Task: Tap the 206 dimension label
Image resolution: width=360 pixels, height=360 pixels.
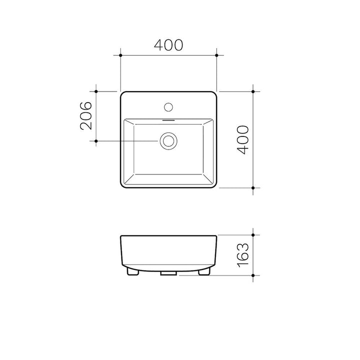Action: pos(86,116)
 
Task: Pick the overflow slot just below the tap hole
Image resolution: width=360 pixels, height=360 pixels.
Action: pos(168,120)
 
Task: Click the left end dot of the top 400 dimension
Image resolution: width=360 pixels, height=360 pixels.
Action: pos(121,54)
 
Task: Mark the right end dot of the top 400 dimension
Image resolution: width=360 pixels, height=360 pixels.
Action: pos(216,54)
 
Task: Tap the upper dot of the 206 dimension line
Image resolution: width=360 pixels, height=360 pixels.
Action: pos(96,91)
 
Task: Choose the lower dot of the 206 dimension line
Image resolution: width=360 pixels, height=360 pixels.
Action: pos(96,141)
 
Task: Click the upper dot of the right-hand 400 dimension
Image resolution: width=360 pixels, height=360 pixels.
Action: pos(253,91)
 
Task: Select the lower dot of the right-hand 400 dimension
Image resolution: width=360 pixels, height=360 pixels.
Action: pos(253,187)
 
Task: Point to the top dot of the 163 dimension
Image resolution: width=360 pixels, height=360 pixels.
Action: pos(253,234)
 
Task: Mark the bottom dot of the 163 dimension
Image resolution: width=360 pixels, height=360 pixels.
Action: pos(253,275)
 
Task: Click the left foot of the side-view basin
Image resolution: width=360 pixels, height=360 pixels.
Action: pos(133,272)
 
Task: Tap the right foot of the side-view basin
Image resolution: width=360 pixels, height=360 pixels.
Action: pos(203,272)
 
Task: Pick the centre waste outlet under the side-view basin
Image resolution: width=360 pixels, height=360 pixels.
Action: pos(168,273)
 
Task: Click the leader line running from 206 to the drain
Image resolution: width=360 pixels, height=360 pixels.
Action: pos(127,141)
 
